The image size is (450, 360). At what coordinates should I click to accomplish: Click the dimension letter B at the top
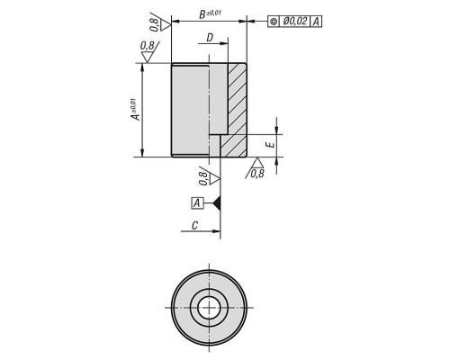[203, 14]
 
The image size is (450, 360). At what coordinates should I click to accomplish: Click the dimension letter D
[210, 38]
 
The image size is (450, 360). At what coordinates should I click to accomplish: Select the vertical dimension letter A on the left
[137, 116]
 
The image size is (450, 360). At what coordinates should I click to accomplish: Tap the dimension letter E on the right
[271, 145]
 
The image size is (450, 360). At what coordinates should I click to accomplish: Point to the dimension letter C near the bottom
[195, 225]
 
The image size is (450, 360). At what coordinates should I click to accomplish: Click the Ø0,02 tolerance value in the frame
[295, 22]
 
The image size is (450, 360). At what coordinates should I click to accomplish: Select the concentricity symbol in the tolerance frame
[274, 22]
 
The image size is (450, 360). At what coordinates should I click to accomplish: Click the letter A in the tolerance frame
[316, 22]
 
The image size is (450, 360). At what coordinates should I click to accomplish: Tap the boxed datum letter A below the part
[197, 203]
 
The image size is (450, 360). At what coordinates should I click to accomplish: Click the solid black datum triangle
[217, 203]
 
